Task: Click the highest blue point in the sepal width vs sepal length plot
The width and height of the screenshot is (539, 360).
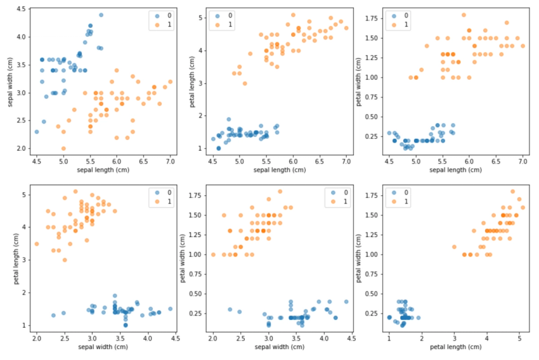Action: coord(101,15)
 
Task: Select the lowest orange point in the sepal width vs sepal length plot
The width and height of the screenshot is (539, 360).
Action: coord(63,148)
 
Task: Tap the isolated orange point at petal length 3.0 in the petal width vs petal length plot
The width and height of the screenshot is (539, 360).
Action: coord(454,247)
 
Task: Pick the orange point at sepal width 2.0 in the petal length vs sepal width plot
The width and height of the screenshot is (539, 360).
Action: coord(37,243)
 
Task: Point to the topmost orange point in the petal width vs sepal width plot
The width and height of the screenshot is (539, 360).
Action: coord(280,191)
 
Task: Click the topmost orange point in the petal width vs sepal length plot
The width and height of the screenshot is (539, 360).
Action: coord(464,15)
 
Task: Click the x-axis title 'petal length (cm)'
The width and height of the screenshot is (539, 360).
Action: coord(455,347)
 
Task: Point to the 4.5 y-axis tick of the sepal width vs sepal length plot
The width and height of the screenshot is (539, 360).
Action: coord(21,10)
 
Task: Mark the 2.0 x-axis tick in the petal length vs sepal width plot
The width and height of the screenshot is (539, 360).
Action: coord(37,337)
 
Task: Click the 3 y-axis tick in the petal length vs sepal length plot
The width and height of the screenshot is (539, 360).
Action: coord(201,83)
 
